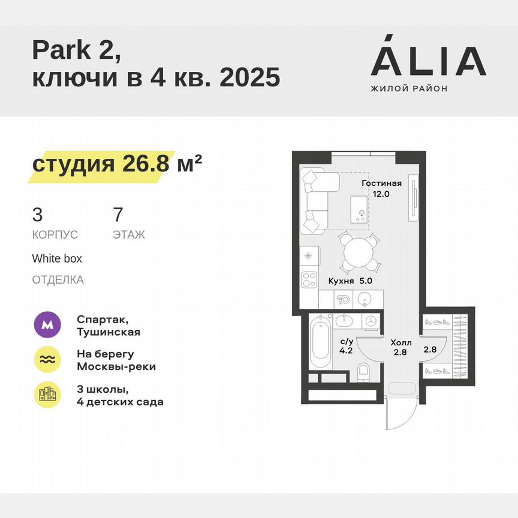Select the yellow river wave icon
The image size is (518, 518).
47,359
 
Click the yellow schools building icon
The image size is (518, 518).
47,394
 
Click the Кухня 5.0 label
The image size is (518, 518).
351,280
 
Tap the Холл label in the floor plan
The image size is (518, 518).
401,342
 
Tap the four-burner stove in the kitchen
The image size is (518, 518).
309,279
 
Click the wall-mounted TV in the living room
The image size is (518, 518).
412,197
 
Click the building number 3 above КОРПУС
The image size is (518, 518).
37,214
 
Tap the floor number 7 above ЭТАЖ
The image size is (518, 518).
118,214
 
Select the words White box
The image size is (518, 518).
57,258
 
